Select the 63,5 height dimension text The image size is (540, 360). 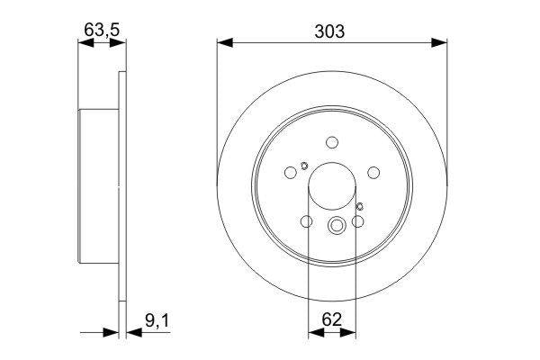pos(101,30)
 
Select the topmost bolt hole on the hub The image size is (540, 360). pos(332,141)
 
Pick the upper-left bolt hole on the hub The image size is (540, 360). pos(291,172)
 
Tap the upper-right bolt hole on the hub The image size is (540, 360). pos(373,172)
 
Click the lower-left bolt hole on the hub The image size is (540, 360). pos(306,221)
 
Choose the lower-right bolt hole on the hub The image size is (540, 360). pos(358,221)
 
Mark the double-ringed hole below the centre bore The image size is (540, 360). pos(337,226)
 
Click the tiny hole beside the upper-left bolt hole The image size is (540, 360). pos(304,165)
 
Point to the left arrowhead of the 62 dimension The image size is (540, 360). pos(315,332)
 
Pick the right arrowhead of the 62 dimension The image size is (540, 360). pos(347,332)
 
